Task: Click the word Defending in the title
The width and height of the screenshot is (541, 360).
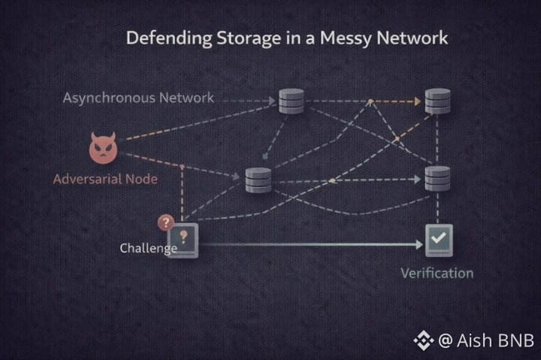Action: [x=164, y=38]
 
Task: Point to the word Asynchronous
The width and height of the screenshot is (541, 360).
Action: [x=110, y=98]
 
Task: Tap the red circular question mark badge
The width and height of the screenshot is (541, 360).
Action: [x=166, y=222]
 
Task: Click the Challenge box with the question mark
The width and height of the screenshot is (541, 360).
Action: [x=186, y=238]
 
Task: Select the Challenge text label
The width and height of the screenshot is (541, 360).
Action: [x=148, y=247]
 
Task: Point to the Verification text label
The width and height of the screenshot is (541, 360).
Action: [x=437, y=272]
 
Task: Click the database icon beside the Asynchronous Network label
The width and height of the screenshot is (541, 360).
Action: [x=291, y=100]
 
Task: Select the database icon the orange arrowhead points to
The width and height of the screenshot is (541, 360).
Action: [x=437, y=100]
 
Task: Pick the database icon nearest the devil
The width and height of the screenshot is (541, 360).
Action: [x=258, y=180]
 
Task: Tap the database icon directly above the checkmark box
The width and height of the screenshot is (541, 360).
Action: [x=437, y=178]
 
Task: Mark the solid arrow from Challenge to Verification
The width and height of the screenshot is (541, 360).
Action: [x=308, y=244]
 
